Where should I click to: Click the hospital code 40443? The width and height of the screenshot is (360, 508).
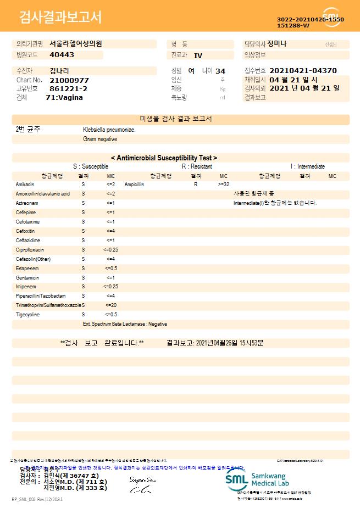click(62, 55)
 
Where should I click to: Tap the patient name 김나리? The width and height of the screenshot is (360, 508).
click(59, 71)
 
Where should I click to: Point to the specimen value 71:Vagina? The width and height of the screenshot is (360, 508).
click(64, 97)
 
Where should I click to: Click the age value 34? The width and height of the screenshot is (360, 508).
click(220, 71)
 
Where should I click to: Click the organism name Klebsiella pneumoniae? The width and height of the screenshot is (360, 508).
click(109, 130)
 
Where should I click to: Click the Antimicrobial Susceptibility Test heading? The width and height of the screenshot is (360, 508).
click(164, 158)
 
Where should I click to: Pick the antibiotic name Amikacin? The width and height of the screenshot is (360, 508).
click(25, 185)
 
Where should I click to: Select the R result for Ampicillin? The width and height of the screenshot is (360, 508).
click(196, 185)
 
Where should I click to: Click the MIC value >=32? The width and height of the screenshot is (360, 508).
click(224, 185)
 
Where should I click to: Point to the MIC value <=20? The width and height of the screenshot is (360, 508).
click(110, 305)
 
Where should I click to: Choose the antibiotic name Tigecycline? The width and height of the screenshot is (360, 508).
click(29, 314)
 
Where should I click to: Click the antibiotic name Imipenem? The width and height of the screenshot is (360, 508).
click(26, 286)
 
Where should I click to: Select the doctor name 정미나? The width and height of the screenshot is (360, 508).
click(277, 43)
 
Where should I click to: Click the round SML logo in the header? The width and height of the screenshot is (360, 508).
click(331, 17)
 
